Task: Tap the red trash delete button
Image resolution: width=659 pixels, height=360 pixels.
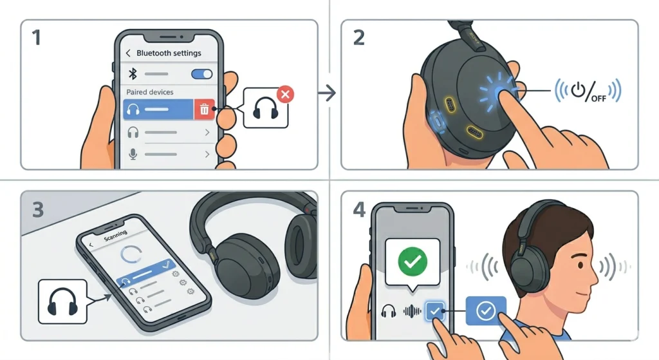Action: point(204,109)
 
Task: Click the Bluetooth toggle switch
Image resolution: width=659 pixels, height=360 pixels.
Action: point(202,74)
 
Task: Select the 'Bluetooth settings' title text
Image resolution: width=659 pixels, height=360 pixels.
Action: point(169,53)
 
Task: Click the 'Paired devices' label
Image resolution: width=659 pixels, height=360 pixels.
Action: point(150,92)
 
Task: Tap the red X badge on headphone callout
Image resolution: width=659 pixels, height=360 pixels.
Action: point(285,95)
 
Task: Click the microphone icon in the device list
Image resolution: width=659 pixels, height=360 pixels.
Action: point(134,155)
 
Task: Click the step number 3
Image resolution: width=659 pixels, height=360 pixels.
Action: point(37,210)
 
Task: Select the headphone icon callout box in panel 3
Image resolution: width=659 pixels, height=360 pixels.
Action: point(62,301)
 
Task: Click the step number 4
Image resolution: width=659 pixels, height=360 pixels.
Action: point(358,210)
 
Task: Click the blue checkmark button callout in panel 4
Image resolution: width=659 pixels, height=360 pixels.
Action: point(485,311)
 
